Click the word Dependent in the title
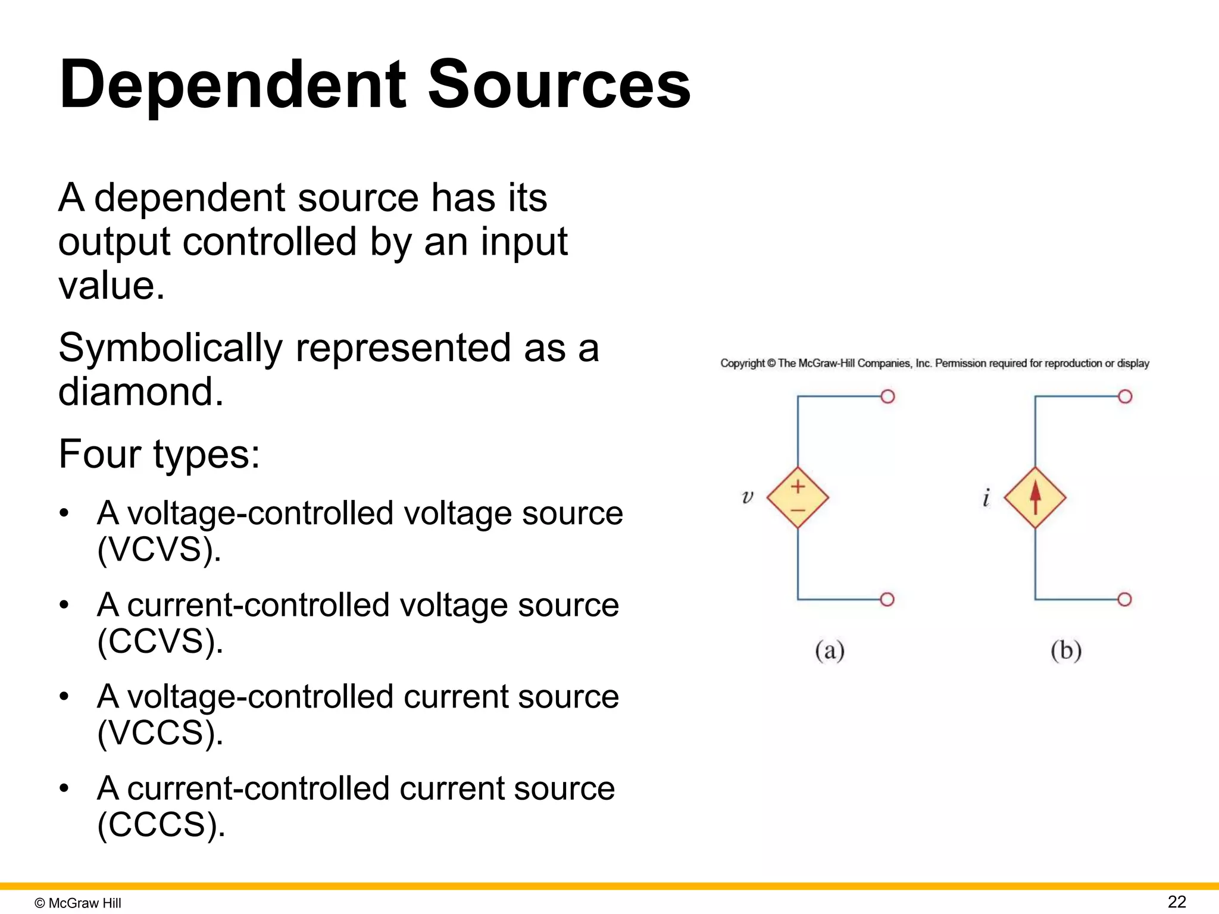232,84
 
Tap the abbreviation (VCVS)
159,550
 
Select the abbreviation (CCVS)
160,641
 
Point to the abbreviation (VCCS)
160,733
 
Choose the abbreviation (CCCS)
161,825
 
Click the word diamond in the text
140,392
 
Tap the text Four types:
159,455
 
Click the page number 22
1177,902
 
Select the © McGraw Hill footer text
78,903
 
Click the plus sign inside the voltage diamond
798,487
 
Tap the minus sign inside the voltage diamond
798,510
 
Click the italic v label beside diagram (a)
748,496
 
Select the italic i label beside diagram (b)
986,497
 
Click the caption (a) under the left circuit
830,650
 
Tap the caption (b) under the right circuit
1065,650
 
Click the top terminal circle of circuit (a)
887,396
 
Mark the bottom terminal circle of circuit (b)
1124,599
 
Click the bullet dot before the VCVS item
64,513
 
